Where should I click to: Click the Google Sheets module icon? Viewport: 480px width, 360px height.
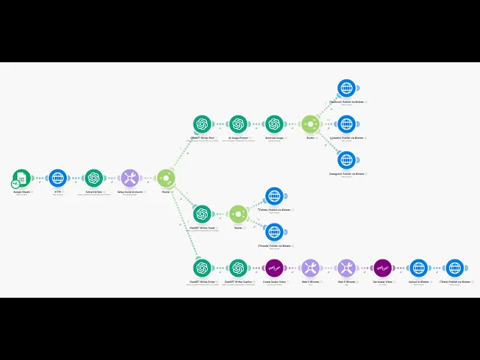21,178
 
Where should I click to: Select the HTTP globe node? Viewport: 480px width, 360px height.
58,178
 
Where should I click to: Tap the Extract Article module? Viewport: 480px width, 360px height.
94,178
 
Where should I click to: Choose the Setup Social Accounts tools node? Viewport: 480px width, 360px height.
130,178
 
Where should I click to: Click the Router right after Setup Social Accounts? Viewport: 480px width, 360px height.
166,178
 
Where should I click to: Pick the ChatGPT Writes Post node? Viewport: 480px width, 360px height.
202,124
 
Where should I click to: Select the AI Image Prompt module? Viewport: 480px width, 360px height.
238,124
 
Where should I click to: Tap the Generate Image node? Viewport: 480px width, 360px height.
274,124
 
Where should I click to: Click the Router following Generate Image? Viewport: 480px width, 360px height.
310,124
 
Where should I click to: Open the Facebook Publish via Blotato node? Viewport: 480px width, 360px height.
346,88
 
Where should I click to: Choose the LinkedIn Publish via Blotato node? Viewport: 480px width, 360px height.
346,124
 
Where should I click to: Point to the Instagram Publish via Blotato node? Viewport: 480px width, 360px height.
346,159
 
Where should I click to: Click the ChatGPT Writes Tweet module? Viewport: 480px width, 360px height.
202,214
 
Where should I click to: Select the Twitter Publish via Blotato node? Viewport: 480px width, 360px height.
274,196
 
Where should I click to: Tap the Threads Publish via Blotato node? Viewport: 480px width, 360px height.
274,231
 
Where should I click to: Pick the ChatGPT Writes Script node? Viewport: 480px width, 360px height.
202,268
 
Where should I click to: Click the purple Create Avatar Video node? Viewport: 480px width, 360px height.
274,268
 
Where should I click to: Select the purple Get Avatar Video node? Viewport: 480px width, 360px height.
382,268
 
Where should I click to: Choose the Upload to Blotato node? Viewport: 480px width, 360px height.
418,268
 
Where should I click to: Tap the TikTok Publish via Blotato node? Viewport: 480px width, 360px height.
455,268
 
